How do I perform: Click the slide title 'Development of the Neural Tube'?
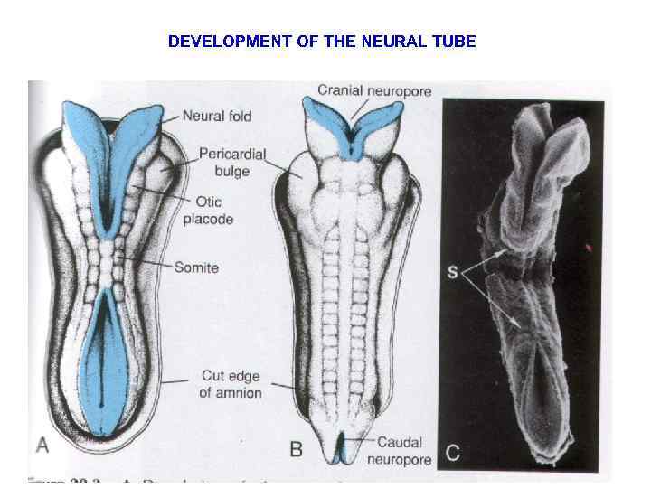[322, 42]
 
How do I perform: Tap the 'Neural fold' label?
[217, 116]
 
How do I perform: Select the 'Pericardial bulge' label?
[231, 163]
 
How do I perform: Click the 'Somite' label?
[197, 267]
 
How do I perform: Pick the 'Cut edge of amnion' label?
[231, 384]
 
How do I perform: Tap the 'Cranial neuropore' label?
[374, 90]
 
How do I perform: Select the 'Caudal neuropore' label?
[399, 450]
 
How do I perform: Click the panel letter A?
[42, 446]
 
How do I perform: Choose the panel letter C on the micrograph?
[452, 453]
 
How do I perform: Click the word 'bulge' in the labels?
[231, 172]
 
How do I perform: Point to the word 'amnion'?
[239, 393]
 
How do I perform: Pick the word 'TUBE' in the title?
[456, 42]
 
